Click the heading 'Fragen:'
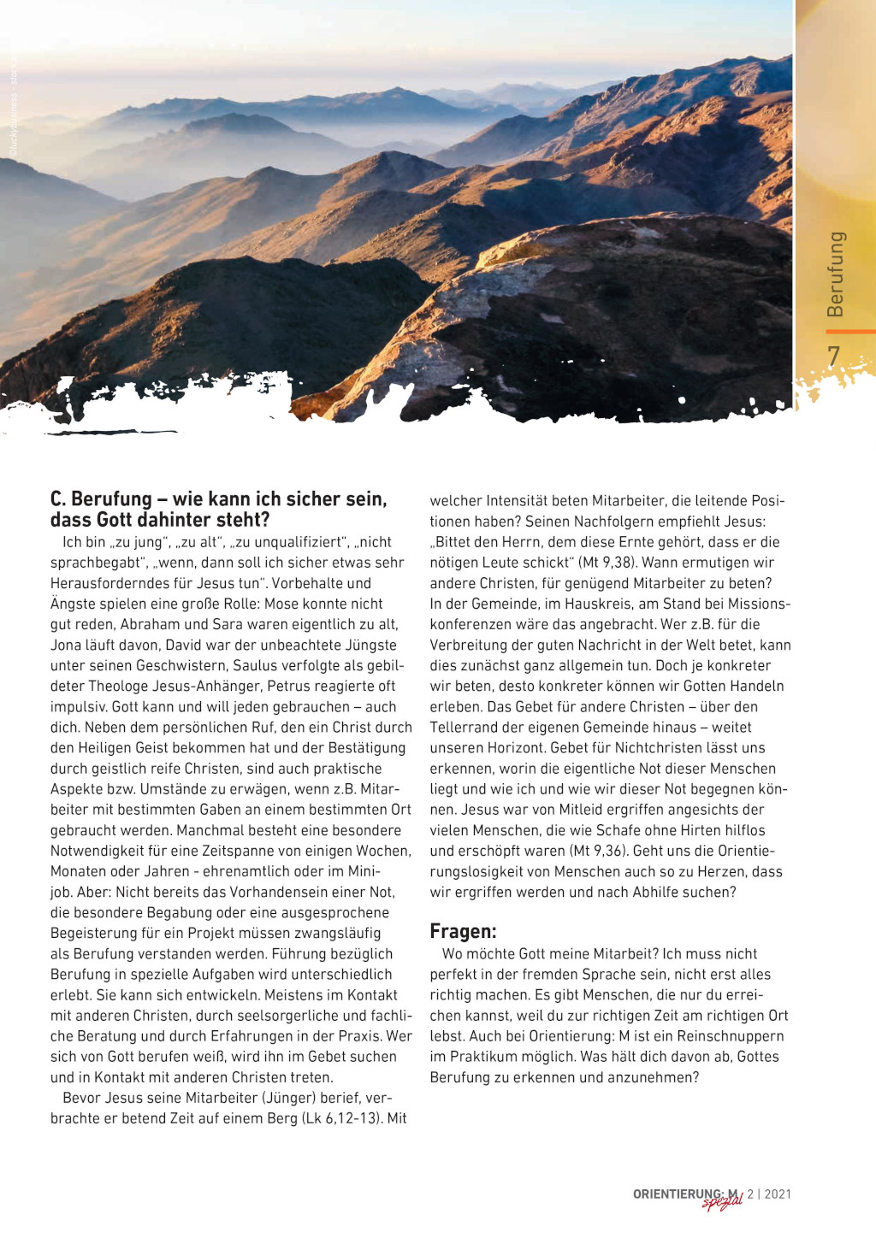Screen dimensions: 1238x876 tap(463, 932)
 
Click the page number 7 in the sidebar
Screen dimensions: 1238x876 tap(833, 357)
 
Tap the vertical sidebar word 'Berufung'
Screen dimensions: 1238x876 tap(836, 274)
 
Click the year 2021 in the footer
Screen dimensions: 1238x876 tap(778, 1194)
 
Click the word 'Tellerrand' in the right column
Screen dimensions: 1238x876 tap(466, 727)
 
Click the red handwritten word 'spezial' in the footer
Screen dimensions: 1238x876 tap(722, 1203)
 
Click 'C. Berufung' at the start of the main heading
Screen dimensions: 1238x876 tap(100, 499)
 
